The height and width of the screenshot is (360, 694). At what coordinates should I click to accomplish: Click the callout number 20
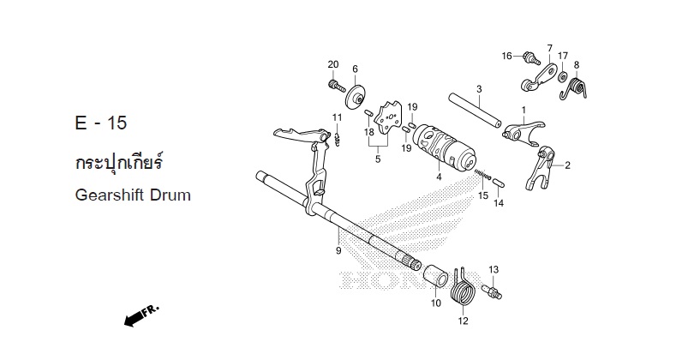tap(332, 65)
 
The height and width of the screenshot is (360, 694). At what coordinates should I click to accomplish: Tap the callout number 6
tap(355, 69)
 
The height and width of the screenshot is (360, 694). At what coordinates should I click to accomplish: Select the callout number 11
tap(338, 117)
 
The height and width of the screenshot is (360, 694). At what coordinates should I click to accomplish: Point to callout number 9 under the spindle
tap(338, 250)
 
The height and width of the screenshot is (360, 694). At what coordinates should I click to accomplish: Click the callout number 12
tap(463, 322)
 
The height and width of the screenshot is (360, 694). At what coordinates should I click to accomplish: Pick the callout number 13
tap(494, 270)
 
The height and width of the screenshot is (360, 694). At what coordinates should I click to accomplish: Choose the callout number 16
tap(507, 56)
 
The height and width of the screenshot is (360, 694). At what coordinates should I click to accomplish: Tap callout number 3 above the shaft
tap(479, 88)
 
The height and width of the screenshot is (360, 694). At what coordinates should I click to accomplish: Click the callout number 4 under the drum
tap(438, 177)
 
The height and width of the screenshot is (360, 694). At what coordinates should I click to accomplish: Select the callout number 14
tap(498, 203)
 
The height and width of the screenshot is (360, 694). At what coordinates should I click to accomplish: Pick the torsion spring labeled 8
tap(583, 86)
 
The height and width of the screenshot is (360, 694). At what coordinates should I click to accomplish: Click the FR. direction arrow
tap(141, 316)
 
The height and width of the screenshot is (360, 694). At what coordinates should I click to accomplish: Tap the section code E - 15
tap(100, 123)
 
